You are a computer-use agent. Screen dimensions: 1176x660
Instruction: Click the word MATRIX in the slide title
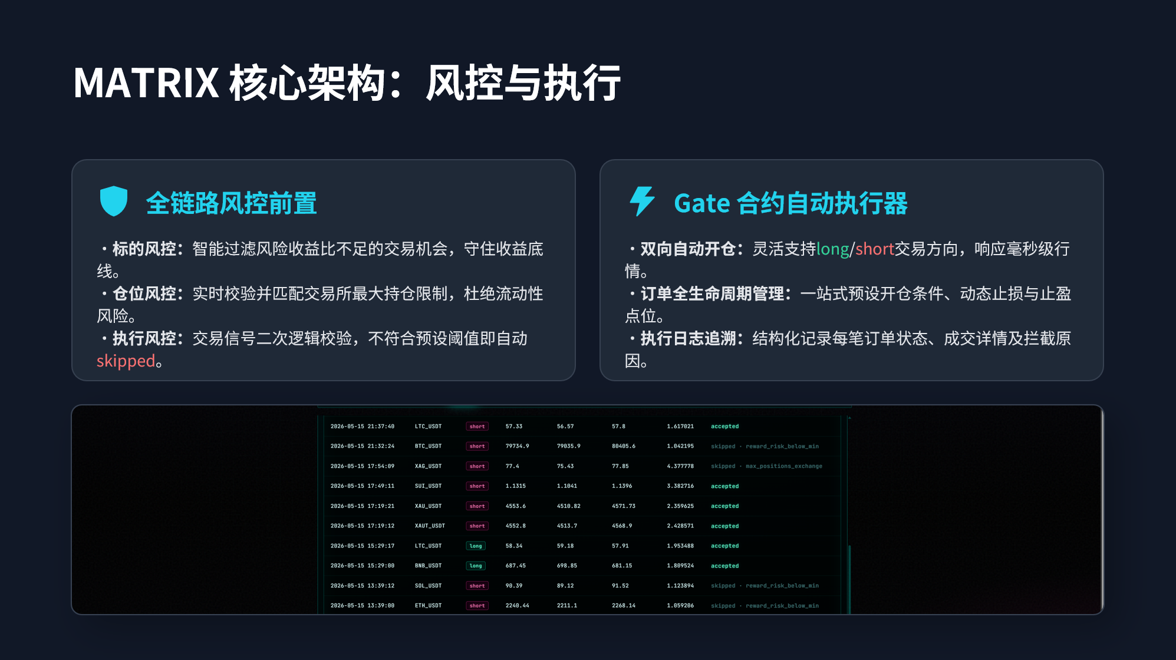[146, 82]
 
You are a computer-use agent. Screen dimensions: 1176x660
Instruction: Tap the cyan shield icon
[114, 202]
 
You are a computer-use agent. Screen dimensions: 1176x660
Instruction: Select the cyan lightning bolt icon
[642, 202]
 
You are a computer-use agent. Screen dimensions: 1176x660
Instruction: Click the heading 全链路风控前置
[231, 203]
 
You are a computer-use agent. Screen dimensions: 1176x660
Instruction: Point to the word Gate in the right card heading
[702, 203]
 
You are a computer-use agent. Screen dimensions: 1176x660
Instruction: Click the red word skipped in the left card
[126, 361]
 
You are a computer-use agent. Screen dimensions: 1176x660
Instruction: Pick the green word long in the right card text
[833, 249]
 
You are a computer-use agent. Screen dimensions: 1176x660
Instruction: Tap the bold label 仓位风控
[144, 293]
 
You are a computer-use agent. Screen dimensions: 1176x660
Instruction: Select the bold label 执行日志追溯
[688, 338]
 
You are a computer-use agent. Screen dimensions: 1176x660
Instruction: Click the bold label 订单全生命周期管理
[712, 293]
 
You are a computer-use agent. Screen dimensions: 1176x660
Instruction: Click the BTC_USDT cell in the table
[428, 446]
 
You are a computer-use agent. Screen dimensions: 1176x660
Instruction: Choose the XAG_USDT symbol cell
[428, 466]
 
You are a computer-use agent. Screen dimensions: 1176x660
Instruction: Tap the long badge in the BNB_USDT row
[476, 566]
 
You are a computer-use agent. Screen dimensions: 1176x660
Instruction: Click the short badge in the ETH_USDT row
[477, 606]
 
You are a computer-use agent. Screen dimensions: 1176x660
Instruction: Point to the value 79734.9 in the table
[517, 446]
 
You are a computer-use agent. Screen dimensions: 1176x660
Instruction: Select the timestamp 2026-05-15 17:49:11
[362, 486]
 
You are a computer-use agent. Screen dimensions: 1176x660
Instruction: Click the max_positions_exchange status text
[783, 466]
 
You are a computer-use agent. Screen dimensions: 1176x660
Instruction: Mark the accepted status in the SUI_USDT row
[724, 486]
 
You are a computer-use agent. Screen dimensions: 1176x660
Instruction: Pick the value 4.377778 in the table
[680, 466]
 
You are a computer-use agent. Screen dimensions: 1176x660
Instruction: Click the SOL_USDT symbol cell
[428, 586]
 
